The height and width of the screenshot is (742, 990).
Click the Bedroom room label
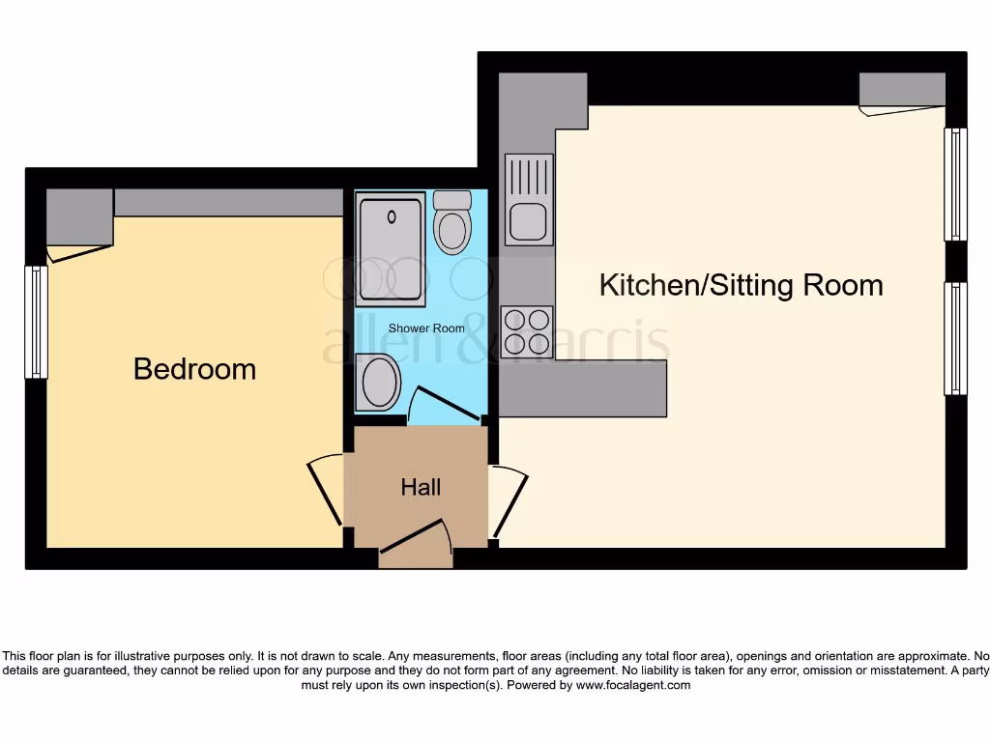[x=194, y=369]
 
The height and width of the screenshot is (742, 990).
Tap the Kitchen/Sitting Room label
[x=741, y=285]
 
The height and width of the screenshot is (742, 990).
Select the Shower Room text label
[x=426, y=328]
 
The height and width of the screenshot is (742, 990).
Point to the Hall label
[x=422, y=487]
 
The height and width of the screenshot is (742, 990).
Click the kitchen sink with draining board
[x=529, y=199]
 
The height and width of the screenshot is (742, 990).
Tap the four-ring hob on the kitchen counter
[x=528, y=331]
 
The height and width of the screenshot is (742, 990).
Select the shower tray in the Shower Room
[x=391, y=246]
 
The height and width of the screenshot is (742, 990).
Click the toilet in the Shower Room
[x=451, y=222]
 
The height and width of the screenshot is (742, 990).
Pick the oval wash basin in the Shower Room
[x=379, y=382]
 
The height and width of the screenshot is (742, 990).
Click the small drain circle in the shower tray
[x=392, y=216]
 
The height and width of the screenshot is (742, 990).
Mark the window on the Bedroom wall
[x=36, y=322]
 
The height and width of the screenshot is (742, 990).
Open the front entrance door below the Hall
[x=416, y=545]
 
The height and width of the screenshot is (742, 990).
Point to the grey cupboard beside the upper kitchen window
[x=901, y=94]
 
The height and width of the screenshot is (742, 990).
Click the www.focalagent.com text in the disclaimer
[x=633, y=685]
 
